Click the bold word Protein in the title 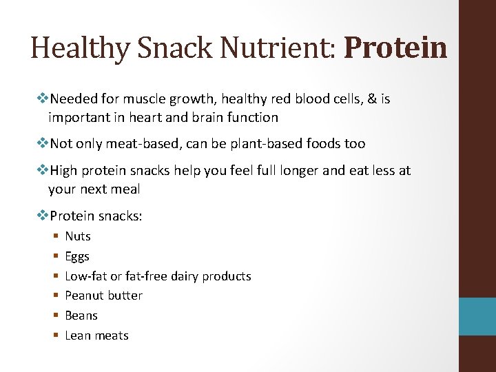click(395, 48)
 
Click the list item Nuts click(78, 236)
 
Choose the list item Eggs click(77, 256)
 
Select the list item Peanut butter click(103, 296)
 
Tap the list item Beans click(81, 316)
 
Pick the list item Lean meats click(96, 335)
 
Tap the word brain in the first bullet click(206, 118)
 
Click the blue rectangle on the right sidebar click(477, 316)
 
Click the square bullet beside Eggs click(54, 257)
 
